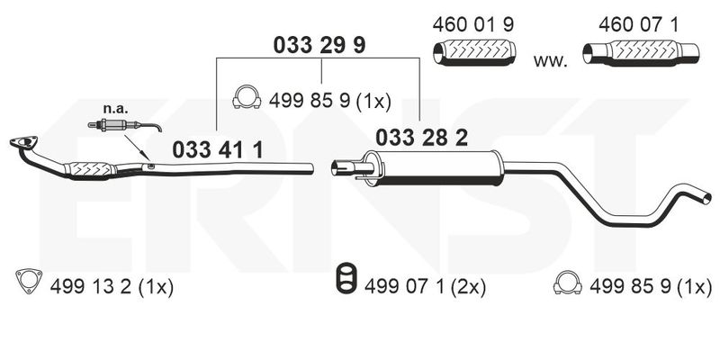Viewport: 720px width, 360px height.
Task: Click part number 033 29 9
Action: point(319,46)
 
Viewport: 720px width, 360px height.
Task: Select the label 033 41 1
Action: point(218,150)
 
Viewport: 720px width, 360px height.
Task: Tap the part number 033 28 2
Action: point(421,138)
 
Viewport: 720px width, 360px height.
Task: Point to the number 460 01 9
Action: point(473,25)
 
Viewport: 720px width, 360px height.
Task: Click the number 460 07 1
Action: point(638,25)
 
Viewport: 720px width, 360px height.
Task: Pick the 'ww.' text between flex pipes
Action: point(550,61)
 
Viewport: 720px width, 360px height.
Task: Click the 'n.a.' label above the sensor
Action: point(116,109)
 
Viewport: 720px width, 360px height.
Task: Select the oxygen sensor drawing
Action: point(124,125)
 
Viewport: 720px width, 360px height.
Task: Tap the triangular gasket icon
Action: point(29,281)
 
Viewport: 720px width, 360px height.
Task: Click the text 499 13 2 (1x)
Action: point(112,288)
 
